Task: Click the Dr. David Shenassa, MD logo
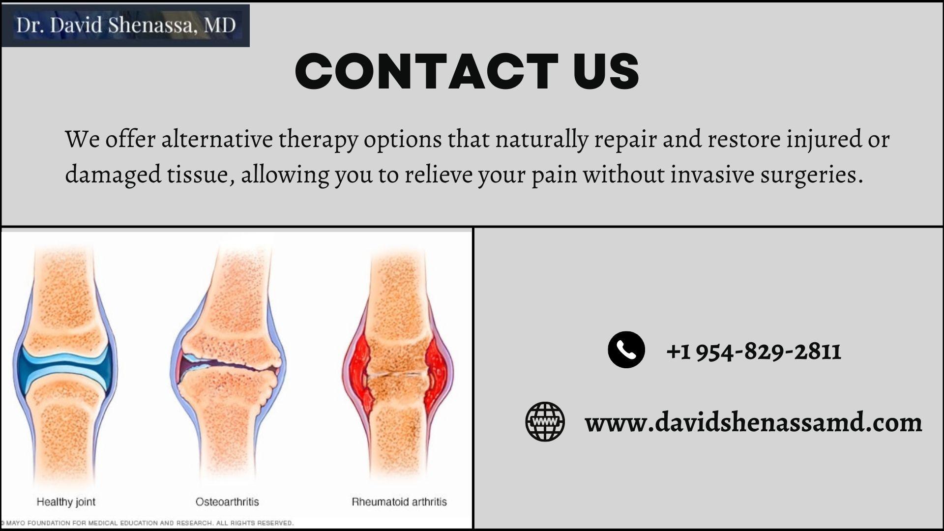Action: [125, 25]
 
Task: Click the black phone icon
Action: [626, 350]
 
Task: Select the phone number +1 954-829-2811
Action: [753, 352]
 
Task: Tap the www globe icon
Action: [545, 421]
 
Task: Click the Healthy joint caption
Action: [66, 502]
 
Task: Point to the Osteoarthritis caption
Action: [227, 502]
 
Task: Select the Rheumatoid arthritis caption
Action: [399, 502]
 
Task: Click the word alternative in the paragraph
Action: [217, 140]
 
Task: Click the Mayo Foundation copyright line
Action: [147, 523]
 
